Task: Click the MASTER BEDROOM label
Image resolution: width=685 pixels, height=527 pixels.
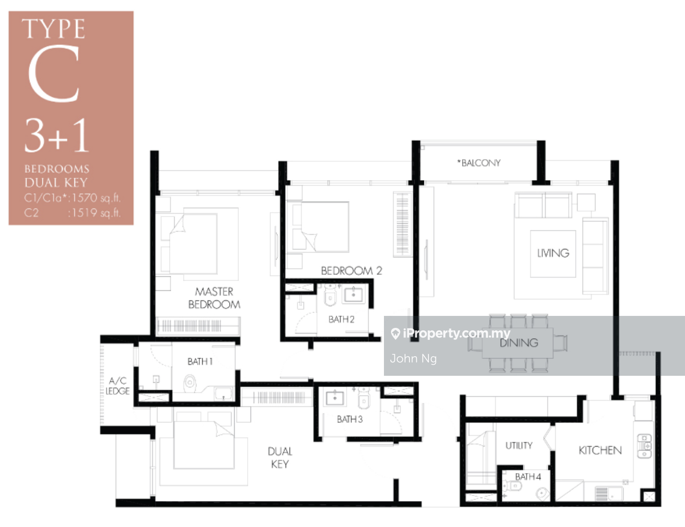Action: [214, 298]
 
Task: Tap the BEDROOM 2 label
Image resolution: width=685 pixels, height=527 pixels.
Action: [351, 270]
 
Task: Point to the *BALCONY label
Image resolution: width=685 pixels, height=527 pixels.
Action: [479, 163]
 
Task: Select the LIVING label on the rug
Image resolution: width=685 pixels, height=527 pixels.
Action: [553, 253]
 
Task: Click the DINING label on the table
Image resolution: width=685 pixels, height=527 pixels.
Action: [519, 343]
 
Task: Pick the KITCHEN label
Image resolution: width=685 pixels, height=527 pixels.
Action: [600, 450]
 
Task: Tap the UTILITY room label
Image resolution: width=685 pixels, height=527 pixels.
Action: [519, 446]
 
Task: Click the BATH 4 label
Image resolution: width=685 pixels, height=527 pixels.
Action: [528, 477]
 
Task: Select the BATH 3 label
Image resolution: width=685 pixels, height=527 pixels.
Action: [350, 419]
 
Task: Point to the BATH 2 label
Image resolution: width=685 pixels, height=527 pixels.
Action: [342, 319]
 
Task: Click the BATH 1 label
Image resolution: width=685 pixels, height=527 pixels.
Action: [200, 361]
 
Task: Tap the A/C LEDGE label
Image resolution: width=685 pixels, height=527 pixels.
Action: [118, 386]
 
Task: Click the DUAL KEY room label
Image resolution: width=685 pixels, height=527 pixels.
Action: [280, 458]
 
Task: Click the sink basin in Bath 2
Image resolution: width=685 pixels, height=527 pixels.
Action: [353, 294]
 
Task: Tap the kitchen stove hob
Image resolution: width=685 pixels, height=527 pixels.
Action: [645, 446]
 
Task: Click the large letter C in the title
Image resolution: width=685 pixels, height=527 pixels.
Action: [54, 74]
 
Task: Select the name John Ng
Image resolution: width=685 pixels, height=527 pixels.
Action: [413, 358]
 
